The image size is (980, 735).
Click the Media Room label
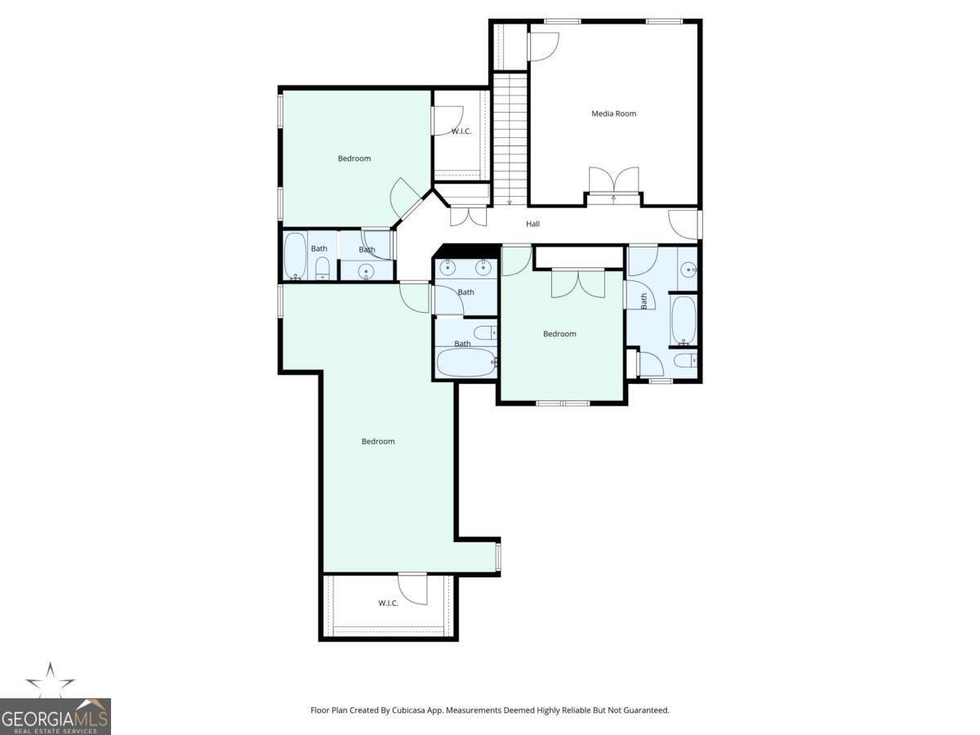click(x=613, y=114)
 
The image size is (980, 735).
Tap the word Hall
click(x=532, y=224)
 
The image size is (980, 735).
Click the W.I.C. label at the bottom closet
click(x=388, y=604)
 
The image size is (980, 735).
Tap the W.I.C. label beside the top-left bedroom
click(x=461, y=131)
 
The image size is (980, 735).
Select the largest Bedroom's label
click(x=378, y=442)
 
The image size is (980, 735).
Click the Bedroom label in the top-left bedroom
click(x=354, y=158)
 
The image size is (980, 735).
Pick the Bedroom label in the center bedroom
click(x=559, y=334)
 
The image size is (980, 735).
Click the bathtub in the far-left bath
click(x=295, y=256)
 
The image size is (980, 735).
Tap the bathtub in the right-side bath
click(x=683, y=320)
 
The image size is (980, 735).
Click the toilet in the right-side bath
click(x=684, y=360)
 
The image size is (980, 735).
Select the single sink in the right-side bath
click(x=688, y=268)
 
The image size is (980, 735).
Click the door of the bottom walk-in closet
click(x=414, y=589)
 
